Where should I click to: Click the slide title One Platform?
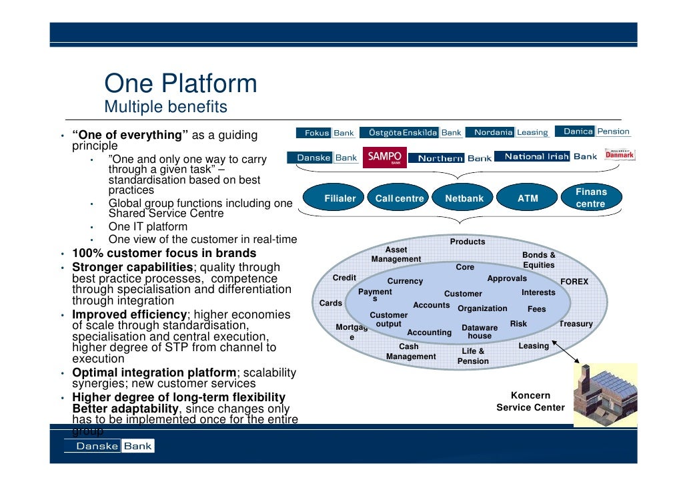tap(180, 84)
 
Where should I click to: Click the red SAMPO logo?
tap(385, 157)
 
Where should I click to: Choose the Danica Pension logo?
tap(596, 132)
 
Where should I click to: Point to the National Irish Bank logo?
tap(550, 157)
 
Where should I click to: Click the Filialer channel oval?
tap(339, 198)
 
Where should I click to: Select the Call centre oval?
tap(400, 198)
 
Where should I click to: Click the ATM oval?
tap(528, 198)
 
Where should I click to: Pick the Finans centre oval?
tap(590, 198)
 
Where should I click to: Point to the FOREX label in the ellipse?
tap(574, 282)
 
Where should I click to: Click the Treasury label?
tap(576, 324)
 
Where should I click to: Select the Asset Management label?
tap(396, 254)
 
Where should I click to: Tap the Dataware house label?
tap(480, 332)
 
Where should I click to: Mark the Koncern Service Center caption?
tap(530, 401)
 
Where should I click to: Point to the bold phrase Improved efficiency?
tap(129, 314)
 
